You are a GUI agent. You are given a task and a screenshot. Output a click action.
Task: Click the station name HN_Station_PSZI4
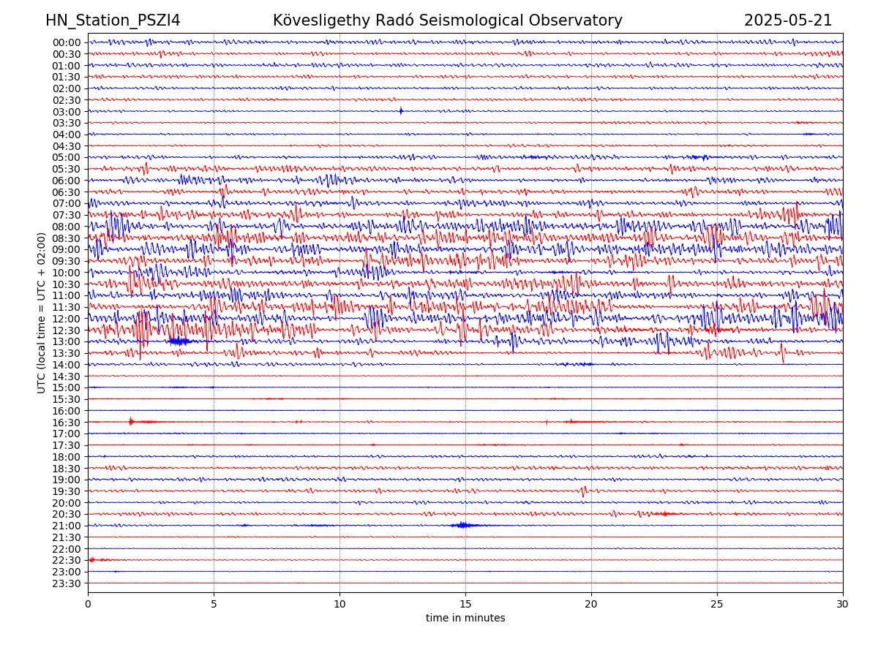tap(113, 21)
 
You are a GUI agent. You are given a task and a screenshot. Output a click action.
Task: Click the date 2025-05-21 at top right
tap(788, 21)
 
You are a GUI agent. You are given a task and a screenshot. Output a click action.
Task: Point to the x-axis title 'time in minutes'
tap(465, 619)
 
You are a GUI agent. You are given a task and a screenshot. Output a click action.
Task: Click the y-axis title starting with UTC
tap(42, 313)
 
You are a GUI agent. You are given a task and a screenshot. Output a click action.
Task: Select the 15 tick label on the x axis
tap(465, 604)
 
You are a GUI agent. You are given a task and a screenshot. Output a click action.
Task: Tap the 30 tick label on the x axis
tap(843, 604)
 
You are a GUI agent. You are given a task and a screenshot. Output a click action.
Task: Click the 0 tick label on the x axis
tap(88, 604)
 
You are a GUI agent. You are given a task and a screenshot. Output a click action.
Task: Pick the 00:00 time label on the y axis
tap(67, 42)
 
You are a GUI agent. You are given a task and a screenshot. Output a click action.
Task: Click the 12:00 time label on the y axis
tap(67, 319)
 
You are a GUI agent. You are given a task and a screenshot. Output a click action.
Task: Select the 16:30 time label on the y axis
tap(67, 423)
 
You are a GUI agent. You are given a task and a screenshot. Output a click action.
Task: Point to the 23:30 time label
tap(67, 583)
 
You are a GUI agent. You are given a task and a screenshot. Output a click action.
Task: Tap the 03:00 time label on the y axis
tap(67, 112)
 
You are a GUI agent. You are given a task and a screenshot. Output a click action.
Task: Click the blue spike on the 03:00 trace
tap(401, 111)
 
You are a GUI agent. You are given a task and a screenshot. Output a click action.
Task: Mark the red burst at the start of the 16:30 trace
tap(132, 421)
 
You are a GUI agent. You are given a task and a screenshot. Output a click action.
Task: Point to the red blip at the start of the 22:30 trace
tap(92, 560)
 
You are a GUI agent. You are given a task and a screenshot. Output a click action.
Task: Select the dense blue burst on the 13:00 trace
tap(179, 341)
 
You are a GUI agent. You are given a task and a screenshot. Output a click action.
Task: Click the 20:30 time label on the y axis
tap(67, 515)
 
